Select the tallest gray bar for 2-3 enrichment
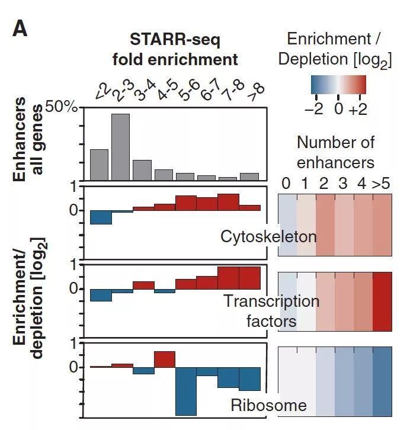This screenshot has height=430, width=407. [x=120, y=147]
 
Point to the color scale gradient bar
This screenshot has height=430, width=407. [x=338, y=85]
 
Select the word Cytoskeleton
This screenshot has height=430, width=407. [x=268, y=236]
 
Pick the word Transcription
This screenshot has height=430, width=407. [x=271, y=301]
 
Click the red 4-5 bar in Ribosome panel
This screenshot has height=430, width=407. [x=164, y=359]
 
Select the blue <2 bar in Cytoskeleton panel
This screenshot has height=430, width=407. [x=101, y=217]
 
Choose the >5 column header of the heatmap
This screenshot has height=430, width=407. [x=382, y=184]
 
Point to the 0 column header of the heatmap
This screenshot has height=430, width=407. [x=287, y=184]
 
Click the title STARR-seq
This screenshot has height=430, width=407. [x=175, y=40]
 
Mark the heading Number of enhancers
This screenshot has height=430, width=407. [x=335, y=152]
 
